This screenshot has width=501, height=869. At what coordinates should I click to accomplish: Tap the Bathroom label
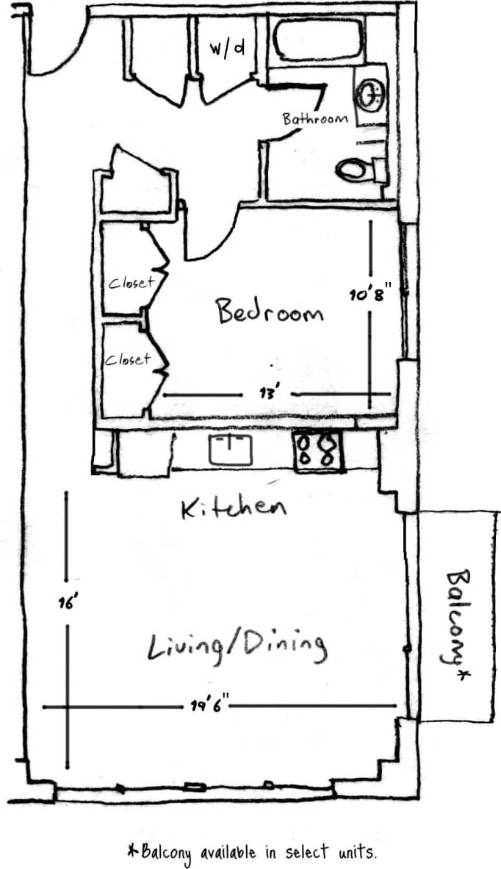click(x=315, y=118)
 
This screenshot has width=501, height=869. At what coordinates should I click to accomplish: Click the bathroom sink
click(x=371, y=93)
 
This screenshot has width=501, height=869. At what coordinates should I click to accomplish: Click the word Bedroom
click(x=269, y=311)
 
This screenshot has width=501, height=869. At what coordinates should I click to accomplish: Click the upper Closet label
click(x=131, y=282)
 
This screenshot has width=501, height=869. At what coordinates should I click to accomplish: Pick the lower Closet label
click(x=127, y=359)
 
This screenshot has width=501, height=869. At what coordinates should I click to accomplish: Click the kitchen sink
click(x=231, y=449)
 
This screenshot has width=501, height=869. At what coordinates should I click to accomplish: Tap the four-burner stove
click(x=319, y=450)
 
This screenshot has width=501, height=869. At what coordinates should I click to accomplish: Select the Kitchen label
click(x=234, y=508)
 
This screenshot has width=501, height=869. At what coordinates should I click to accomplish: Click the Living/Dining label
click(x=237, y=646)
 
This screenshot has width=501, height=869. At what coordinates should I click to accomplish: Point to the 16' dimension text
click(x=67, y=604)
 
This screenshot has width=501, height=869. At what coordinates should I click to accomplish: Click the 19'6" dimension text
click(x=211, y=706)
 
